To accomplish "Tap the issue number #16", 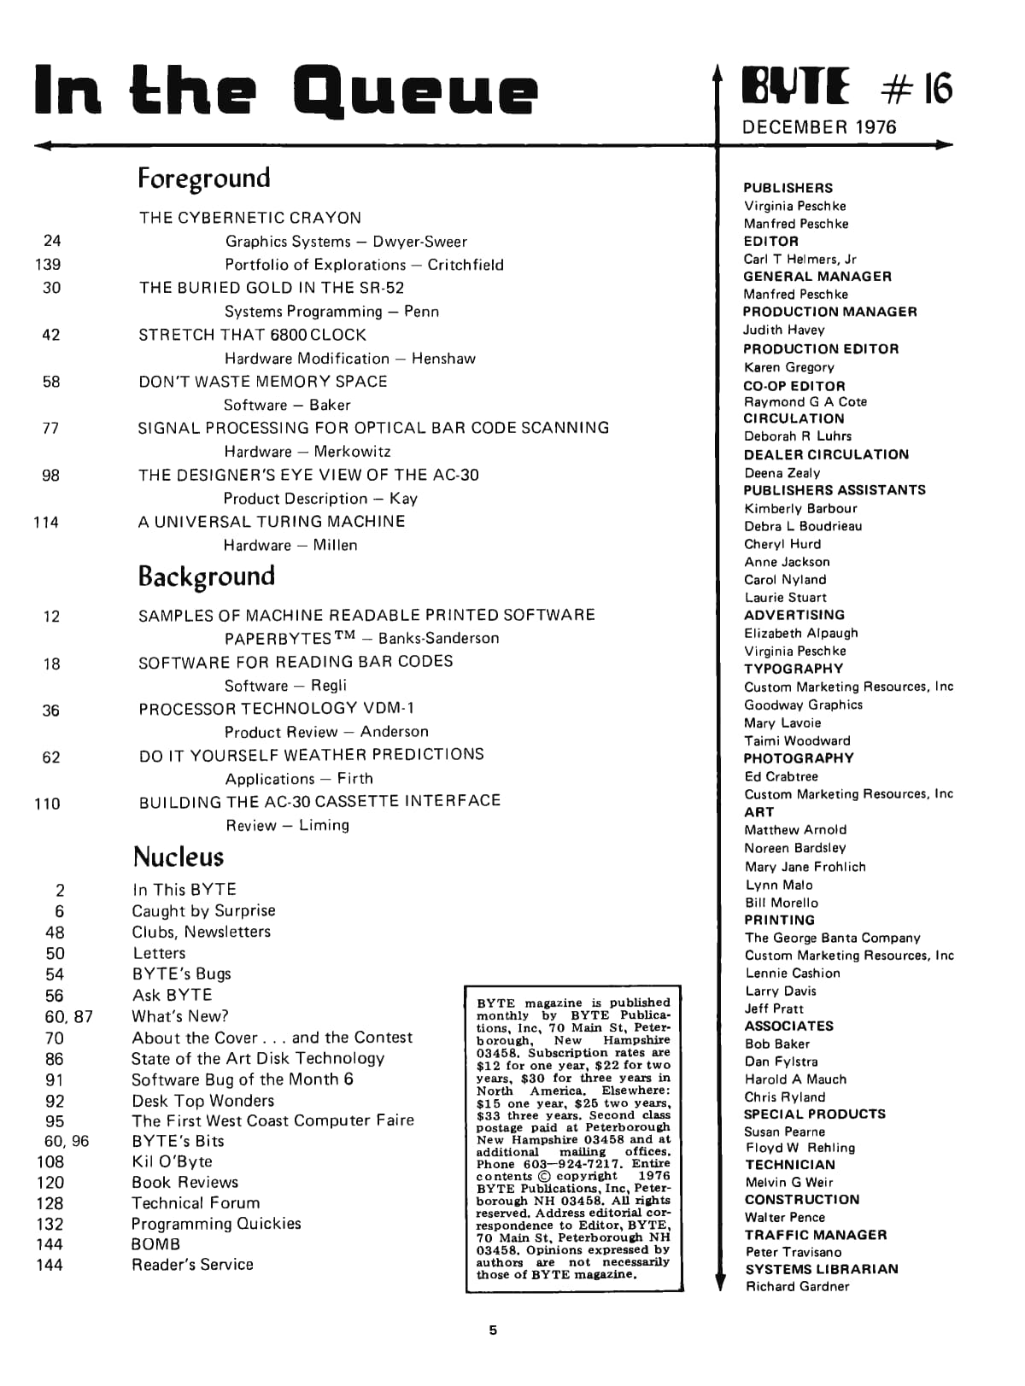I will tap(916, 88).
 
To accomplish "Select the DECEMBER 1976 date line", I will tap(819, 127).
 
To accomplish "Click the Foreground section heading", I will tap(204, 178).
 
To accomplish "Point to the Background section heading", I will tap(207, 576).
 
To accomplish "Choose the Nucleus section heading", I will tap(179, 857).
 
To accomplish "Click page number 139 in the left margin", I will tap(48, 265).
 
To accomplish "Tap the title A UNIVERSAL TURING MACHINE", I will tap(272, 522).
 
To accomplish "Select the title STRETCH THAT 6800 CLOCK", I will tap(252, 335).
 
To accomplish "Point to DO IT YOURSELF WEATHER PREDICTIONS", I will tap(311, 755).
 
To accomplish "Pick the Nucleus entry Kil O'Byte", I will tap(172, 1161).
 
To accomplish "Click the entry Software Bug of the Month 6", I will tap(242, 1079).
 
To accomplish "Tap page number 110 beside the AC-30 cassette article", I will tap(47, 804).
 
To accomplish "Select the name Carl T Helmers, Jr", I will tap(799, 259).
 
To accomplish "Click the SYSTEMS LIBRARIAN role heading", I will tap(821, 1269).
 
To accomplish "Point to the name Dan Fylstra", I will tap(781, 1061).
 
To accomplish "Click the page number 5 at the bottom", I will tap(493, 1330).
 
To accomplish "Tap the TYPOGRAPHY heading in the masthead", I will tap(793, 669).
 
